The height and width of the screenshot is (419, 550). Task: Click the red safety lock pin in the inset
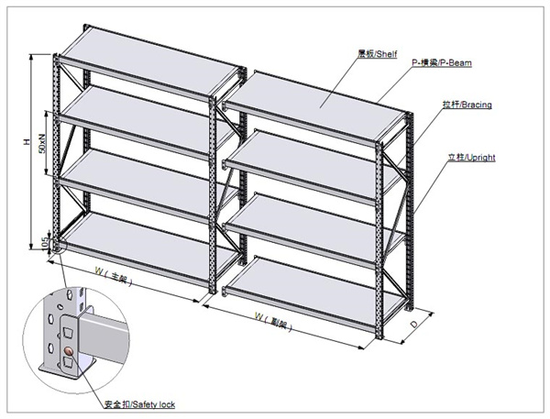point(71,351)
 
